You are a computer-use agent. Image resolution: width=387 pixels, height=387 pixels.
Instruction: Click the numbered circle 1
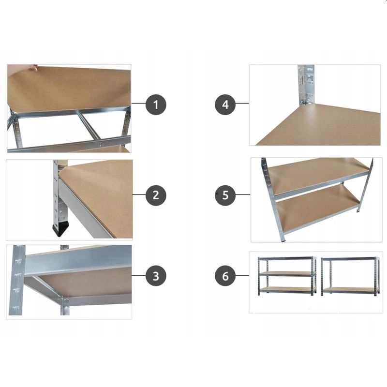click(156, 104)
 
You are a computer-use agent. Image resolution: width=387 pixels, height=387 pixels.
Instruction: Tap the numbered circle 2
click(156, 195)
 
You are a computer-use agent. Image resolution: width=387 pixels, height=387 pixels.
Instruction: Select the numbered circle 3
click(156, 276)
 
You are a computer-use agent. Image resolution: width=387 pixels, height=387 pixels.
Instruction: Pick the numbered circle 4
click(225, 104)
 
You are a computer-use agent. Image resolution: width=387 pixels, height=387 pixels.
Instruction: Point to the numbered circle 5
click(225, 195)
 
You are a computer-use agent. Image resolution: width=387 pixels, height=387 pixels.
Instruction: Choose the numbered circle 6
click(225, 276)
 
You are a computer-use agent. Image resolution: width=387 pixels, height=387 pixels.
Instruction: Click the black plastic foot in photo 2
click(60, 229)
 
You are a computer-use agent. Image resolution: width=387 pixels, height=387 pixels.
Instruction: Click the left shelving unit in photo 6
click(287, 276)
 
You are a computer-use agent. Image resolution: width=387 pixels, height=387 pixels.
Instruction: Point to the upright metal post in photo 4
click(306, 85)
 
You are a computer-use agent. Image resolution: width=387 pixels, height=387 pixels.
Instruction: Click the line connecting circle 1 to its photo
click(138, 103)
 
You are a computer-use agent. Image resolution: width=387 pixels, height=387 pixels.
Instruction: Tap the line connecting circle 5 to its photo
click(243, 194)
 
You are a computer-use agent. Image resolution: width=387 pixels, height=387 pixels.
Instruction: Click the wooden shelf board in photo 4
click(318, 125)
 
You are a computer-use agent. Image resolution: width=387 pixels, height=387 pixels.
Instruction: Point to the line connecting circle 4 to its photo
click(242, 103)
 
